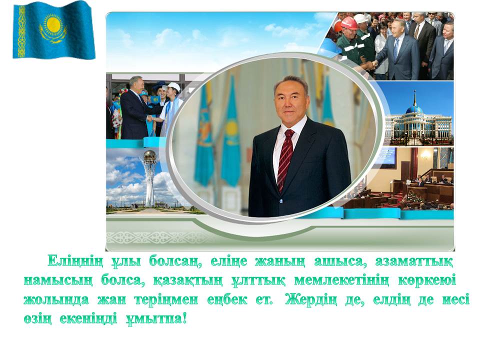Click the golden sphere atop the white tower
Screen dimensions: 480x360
pos(150,156)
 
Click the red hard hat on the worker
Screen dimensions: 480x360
pos(349,23)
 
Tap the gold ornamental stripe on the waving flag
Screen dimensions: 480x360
pos(21,31)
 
